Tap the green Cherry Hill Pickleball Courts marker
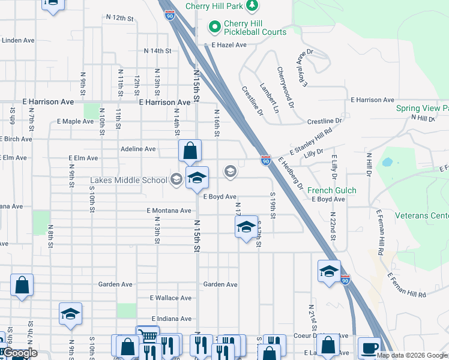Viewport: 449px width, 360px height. pyautogui.click(x=213, y=27)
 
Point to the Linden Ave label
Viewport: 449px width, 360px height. pyautogui.click(x=19, y=40)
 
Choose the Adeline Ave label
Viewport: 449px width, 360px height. pyautogui.click(x=138, y=149)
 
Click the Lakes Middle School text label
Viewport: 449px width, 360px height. pyautogui.click(x=129, y=180)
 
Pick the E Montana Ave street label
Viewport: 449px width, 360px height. pyautogui.click(x=169, y=211)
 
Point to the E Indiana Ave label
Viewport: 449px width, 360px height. pyautogui.click(x=171, y=319)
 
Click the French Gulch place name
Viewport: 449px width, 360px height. pyautogui.click(x=332, y=190)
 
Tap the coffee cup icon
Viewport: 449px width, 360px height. pyautogui.click(x=369, y=347)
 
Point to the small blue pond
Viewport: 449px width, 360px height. pyautogui.click(x=387, y=162)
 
